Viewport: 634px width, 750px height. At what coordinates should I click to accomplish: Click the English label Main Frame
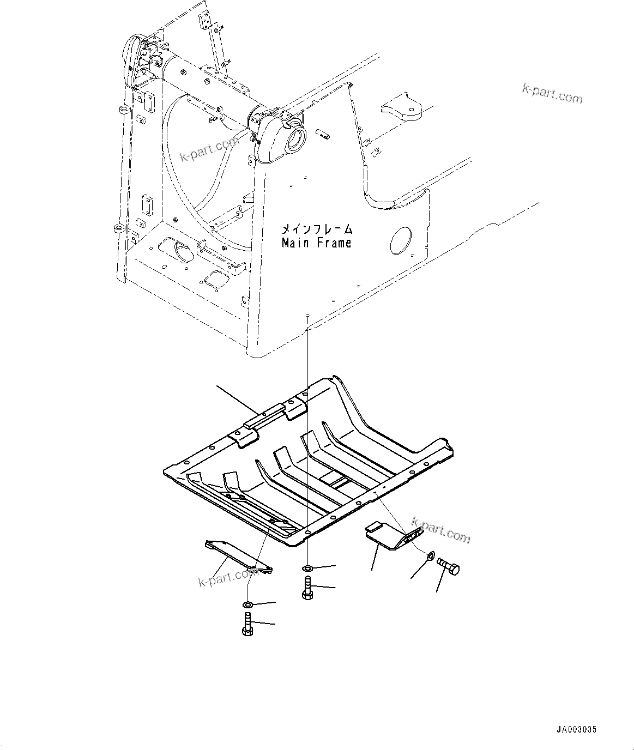pyautogui.click(x=316, y=243)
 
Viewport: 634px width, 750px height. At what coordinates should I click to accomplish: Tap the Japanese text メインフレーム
pyautogui.click(x=317, y=229)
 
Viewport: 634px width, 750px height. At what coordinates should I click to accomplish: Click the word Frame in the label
pyautogui.click(x=333, y=243)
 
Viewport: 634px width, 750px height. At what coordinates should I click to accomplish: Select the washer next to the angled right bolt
pyautogui.click(x=430, y=556)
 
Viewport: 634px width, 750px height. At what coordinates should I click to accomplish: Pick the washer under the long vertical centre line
pyautogui.click(x=307, y=569)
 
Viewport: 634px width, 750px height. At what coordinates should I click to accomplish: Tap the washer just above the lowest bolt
pyautogui.click(x=247, y=604)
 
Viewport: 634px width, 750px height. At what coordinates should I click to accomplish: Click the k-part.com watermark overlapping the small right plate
pyautogui.click(x=441, y=529)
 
